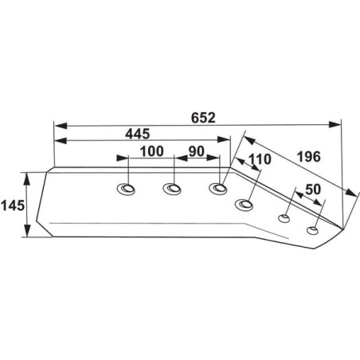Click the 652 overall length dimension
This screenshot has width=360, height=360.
click(x=203, y=118)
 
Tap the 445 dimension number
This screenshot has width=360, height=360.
click(x=138, y=134)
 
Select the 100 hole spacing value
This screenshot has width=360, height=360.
click(x=152, y=151)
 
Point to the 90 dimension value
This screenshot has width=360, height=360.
click(x=197, y=151)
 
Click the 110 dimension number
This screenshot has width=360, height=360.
click(x=260, y=159)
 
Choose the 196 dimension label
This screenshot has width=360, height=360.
click(x=309, y=157)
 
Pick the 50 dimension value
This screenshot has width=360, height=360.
click(x=313, y=190)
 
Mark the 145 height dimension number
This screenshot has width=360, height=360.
click(x=13, y=205)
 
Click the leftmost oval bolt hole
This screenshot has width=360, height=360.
click(x=126, y=189)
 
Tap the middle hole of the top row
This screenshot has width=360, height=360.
click(x=172, y=189)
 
